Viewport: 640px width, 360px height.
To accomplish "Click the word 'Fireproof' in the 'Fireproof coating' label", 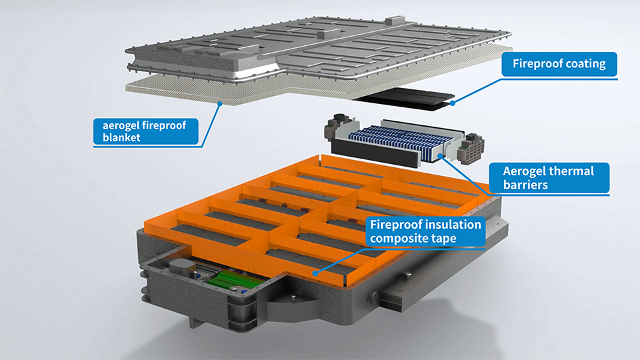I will click(x=538, y=65).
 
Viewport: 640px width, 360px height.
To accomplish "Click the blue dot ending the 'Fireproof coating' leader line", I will click(x=453, y=103).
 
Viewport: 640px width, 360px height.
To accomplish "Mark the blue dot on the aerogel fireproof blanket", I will click(x=220, y=102).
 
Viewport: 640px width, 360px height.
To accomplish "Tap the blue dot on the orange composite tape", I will click(x=317, y=273).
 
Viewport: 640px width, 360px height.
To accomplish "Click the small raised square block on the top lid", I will click(x=321, y=31).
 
